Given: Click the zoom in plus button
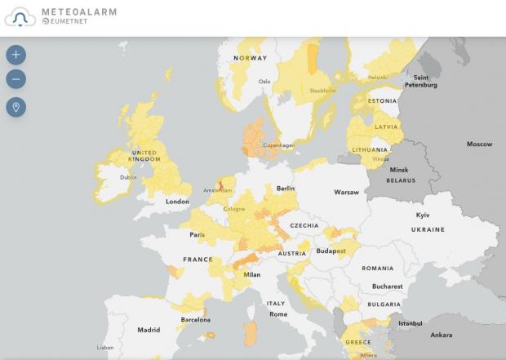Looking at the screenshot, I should (x=16, y=55).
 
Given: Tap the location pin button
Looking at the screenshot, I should (x=16, y=107).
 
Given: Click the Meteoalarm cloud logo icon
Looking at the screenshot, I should (x=20, y=16).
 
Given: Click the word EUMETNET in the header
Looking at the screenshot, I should (x=69, y=22).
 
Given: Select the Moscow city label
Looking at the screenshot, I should (x=479, y=144).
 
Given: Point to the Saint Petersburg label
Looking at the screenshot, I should (x=421, y=82).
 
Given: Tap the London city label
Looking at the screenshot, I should (x=177, y=202).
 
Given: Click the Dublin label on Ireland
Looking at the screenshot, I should (x=128, y=177).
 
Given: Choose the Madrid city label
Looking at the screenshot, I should (x=149, y=331).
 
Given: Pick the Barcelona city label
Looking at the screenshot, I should (x=196, y=320).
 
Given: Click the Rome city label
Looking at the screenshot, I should (x=278, y=314).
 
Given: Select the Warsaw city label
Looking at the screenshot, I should (x=346, y=193).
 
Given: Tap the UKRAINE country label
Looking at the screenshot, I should (x=428, y=230).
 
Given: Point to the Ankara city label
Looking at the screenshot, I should (x=441, y=335).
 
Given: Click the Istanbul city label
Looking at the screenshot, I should (x=410, y=323).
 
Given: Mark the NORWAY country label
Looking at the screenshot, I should (x=250, y=58).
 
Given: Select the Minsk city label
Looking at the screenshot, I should (x=399, y=170).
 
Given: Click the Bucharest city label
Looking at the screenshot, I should (x=387, y=287).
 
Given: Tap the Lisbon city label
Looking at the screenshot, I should (x=105, y=348).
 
